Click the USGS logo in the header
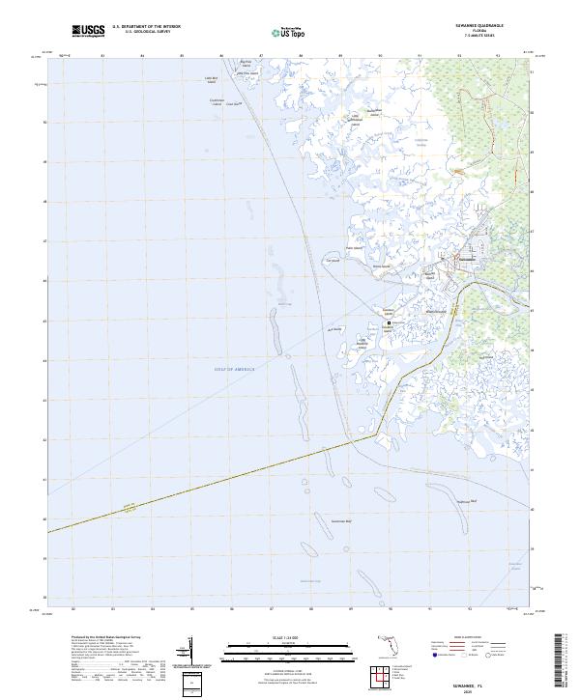pos(89,32)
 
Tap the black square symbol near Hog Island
pos(391,323)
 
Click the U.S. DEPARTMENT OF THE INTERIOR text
pos(146,28)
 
